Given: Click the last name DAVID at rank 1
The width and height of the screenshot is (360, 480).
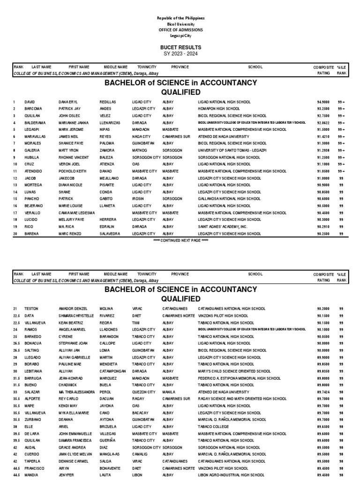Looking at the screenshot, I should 30,102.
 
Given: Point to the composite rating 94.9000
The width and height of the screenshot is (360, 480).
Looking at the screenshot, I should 323,102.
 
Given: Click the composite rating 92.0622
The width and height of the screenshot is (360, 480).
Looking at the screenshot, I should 323,122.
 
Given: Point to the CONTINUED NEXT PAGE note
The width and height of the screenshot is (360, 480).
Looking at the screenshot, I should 180,240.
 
